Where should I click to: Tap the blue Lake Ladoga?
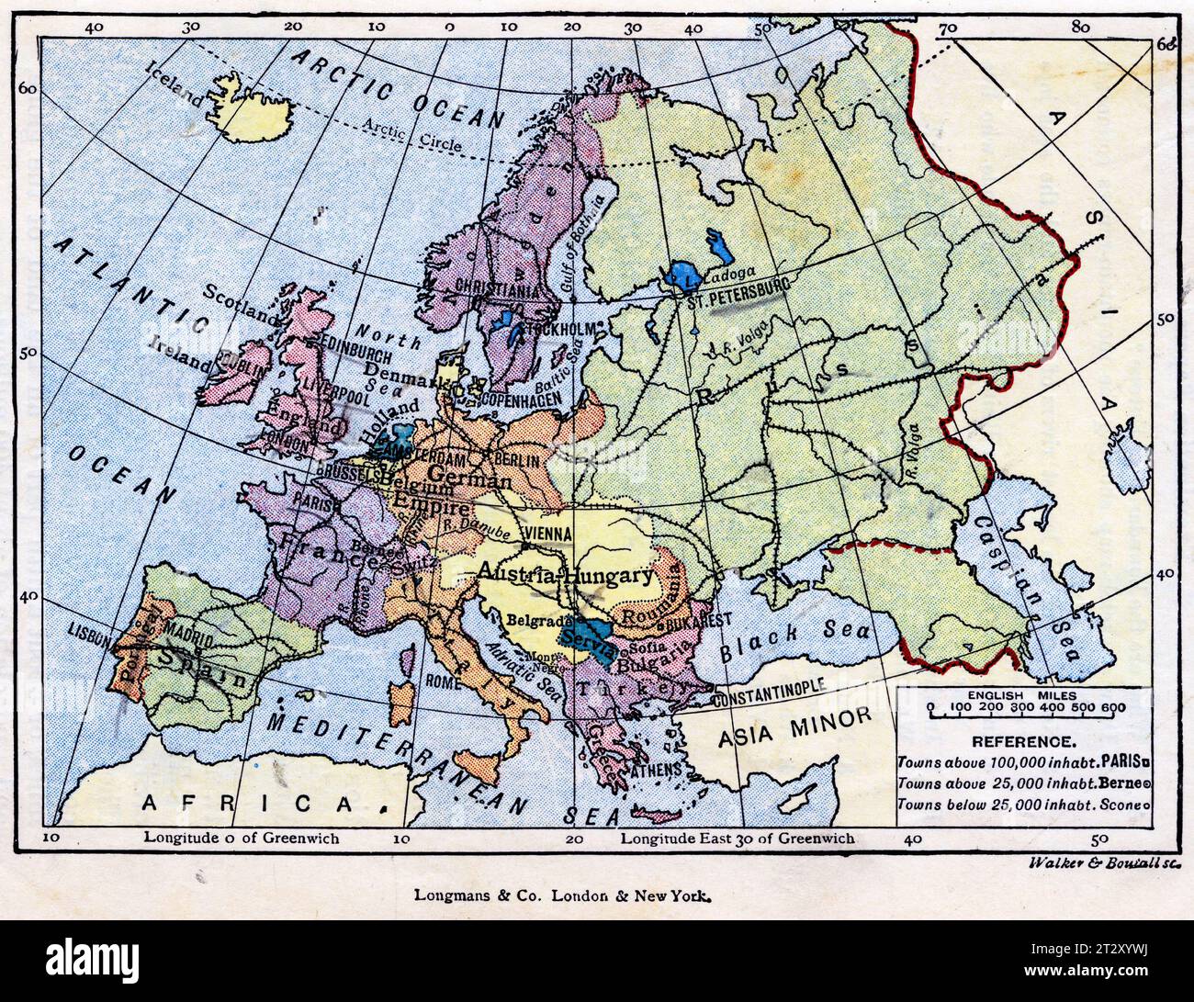click(686, 273)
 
